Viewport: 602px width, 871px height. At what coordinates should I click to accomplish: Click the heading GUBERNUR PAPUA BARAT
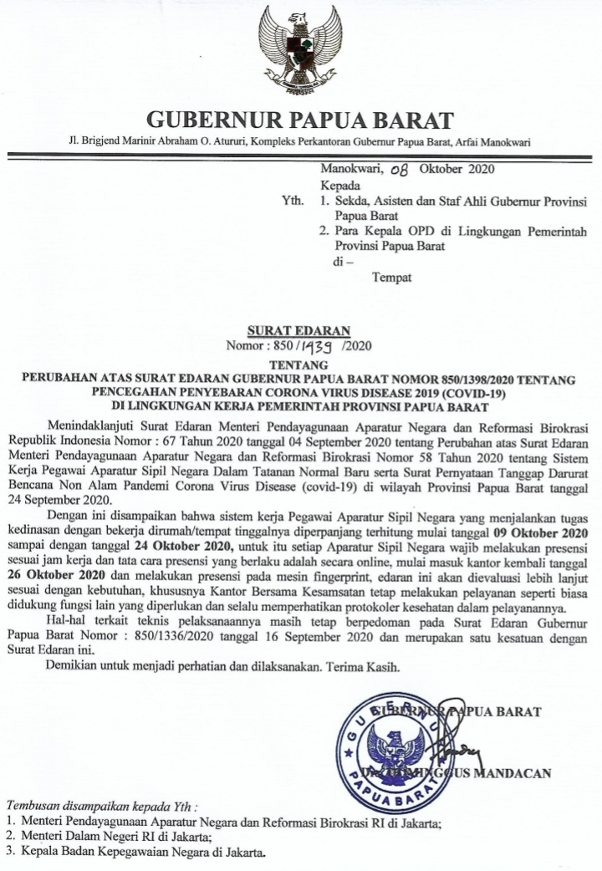pyautogui.click(x=300, y=119)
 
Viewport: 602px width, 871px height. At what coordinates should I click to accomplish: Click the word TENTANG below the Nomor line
pyautogui.click(x=299, y=365)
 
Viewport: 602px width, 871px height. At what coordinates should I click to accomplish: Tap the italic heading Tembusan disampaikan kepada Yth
pyautogui.click(x=103, y=807)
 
